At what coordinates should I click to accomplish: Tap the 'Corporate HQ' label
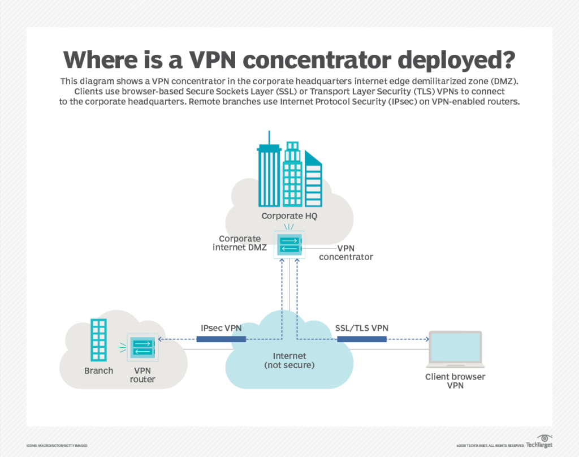tap(289, 216)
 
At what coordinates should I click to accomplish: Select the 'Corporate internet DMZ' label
tap(240, 243)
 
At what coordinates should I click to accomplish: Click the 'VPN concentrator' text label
tap(346, 252)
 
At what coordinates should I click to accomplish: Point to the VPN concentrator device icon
tap(289, 244)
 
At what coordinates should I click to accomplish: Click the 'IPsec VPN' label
tap(221, 328)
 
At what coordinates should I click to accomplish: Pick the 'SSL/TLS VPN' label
tap(362, 328)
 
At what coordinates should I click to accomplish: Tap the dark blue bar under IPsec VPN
tap(221, 339)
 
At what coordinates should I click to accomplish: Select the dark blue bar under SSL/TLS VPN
tap(362, 339)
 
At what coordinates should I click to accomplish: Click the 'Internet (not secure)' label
tap(289, 360)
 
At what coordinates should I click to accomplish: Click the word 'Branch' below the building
tap(99, 371)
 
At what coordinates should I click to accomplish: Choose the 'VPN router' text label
tap(142, 375)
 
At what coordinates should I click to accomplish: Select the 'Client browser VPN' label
tap(455, 381)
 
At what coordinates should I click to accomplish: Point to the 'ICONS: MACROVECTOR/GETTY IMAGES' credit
tap(57, 446)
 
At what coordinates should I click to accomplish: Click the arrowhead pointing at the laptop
tap(426, 339)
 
